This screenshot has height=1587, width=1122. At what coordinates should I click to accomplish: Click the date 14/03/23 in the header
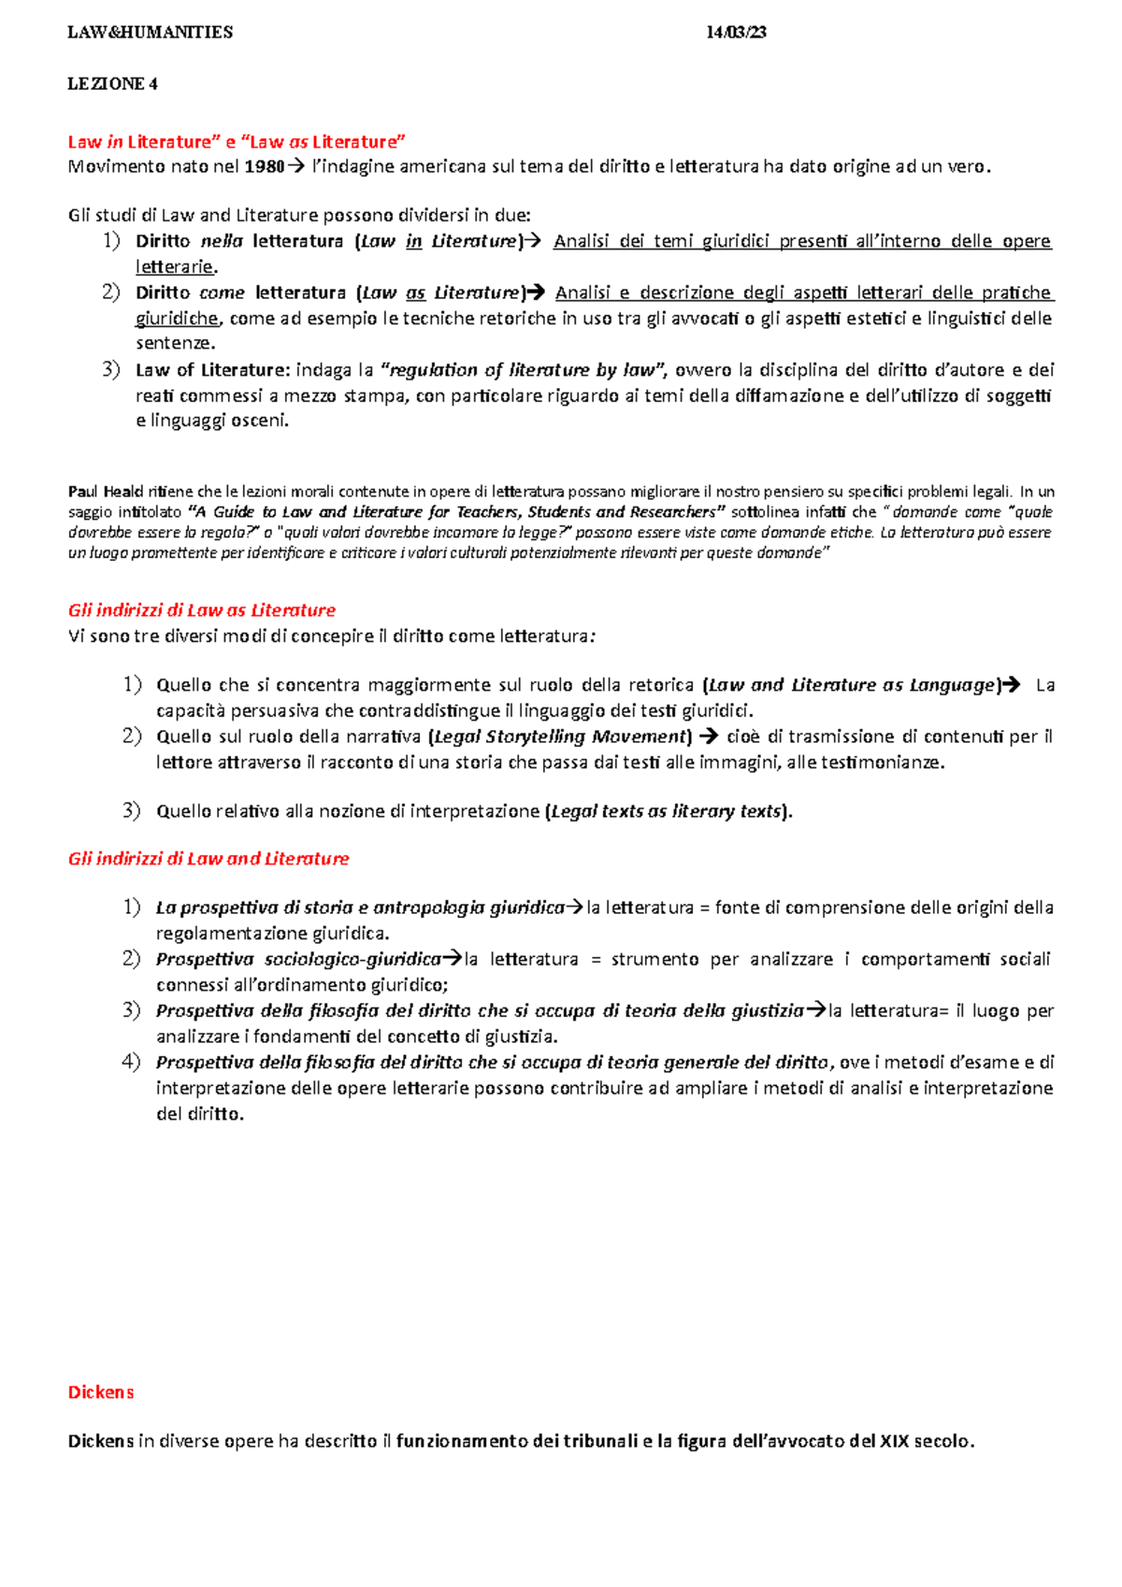tap(736, 33)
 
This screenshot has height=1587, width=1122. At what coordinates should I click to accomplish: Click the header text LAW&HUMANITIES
tap(150, 33)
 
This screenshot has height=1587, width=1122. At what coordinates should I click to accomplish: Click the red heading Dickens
tap(101, 1393)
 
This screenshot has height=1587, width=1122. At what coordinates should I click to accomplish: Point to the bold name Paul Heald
tap(105, 492)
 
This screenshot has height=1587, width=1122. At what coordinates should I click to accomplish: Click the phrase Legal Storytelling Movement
tap(561, 736)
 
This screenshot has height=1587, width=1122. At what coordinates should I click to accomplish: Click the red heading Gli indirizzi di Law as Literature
tap(201, 610)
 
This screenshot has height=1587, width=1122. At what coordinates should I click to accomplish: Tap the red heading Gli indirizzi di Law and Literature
tap(208, 859)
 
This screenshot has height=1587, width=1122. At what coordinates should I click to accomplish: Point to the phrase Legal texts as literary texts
tap(667, 811)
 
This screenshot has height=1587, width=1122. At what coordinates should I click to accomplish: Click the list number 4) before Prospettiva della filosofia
tap(131, 1062)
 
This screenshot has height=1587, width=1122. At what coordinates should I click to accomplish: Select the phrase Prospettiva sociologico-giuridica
tap(298, 959)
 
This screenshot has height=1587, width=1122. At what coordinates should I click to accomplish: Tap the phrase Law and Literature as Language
tap(852, 685)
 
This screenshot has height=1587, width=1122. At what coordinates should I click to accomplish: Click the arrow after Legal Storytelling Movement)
tap(709, 736)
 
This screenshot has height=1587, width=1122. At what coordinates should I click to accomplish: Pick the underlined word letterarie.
tap(174, 267)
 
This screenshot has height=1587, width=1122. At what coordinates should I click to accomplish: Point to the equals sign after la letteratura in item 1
tap(705, 908)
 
